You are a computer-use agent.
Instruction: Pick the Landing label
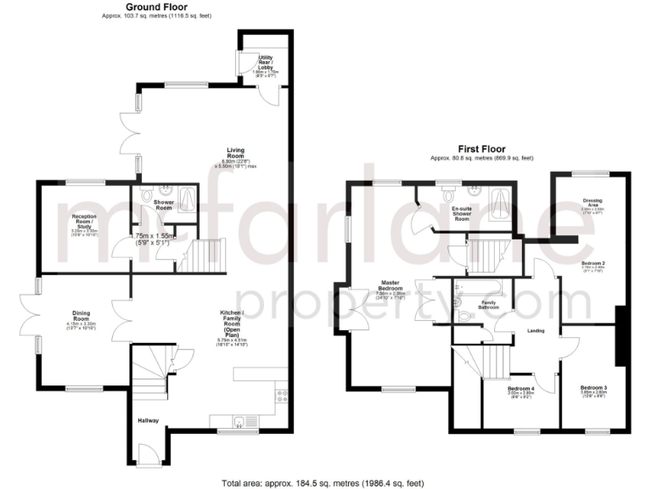click(x=536, y=330)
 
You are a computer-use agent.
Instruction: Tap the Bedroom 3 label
click(x=593, y=388)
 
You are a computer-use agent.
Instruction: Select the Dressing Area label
click(x=593, y=203)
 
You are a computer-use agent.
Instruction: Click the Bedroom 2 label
click(x=593, y=263)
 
